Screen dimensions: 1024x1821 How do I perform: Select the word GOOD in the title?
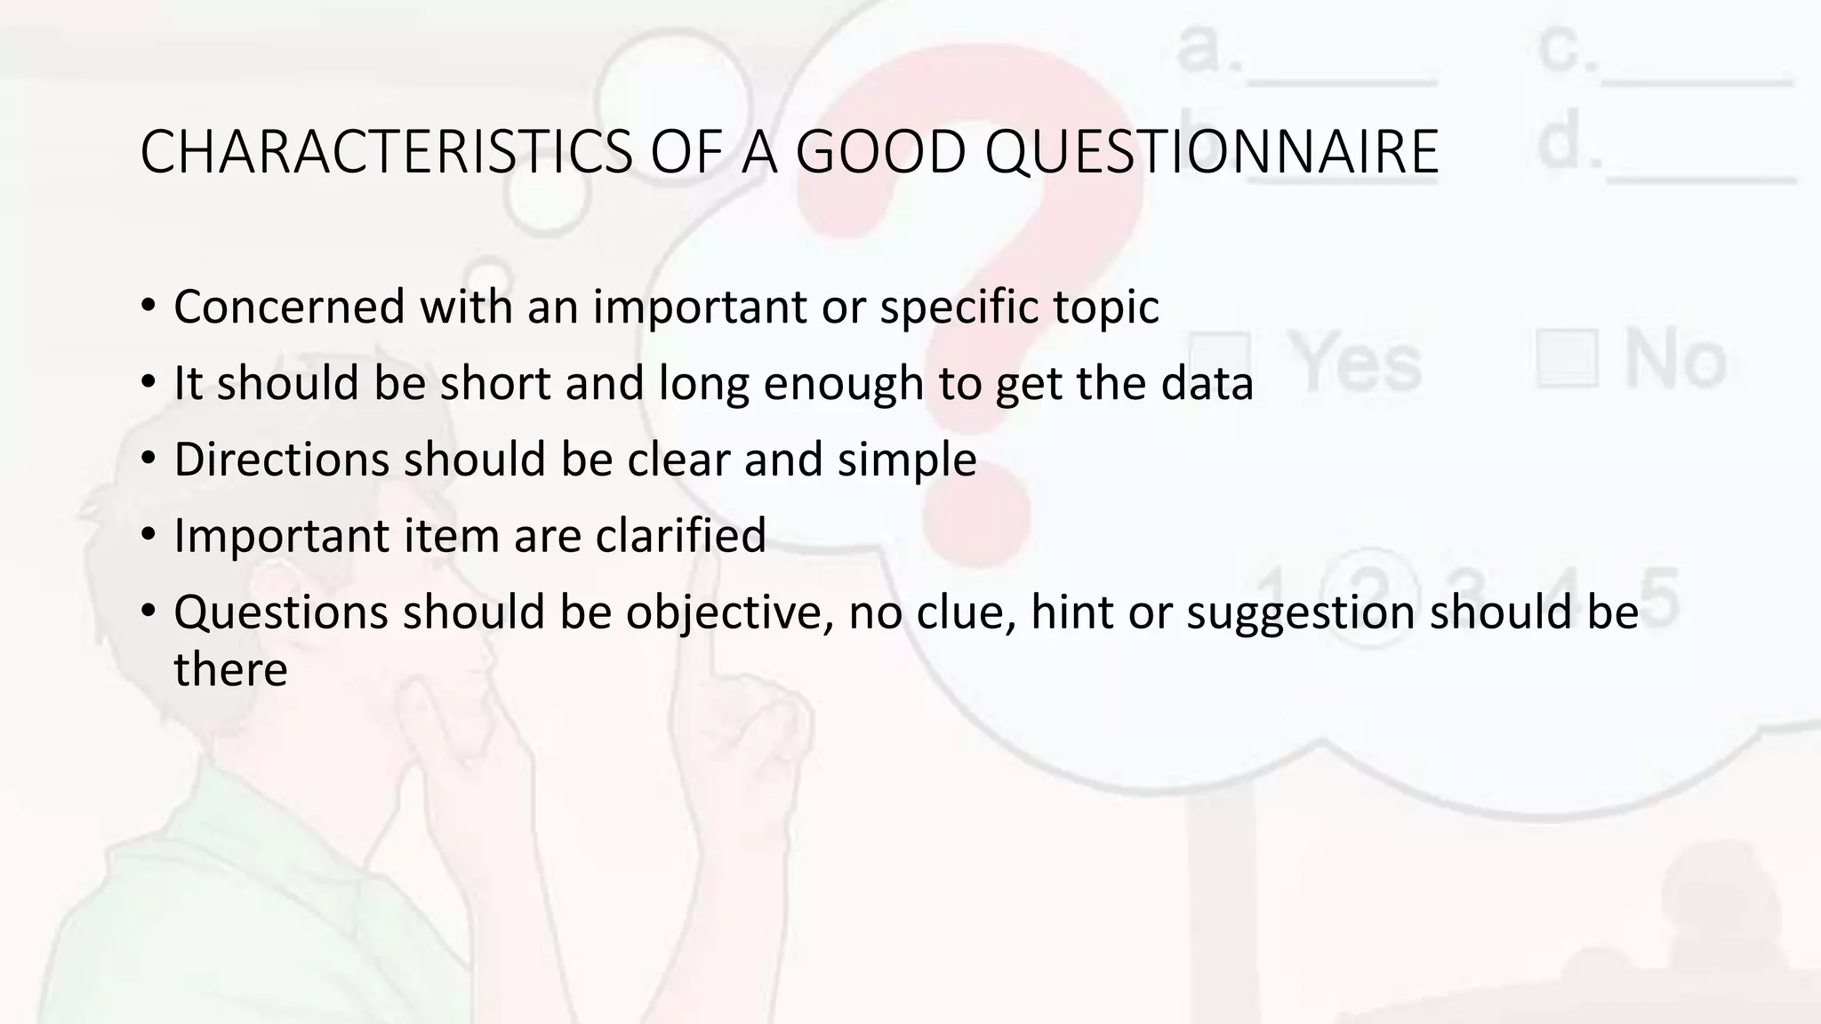click(879, 152)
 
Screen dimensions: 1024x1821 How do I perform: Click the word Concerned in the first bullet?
click(289, 307)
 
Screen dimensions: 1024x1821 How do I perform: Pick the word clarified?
click(680, 535)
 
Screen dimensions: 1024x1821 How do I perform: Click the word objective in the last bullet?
click(730, 612)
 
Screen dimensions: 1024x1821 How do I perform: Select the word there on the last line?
click(230, 669)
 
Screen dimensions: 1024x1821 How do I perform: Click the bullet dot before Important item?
click(148, 535)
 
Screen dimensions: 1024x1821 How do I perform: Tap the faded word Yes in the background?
click(1356, 364)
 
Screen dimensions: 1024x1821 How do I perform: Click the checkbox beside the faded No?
click(1567, 357)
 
